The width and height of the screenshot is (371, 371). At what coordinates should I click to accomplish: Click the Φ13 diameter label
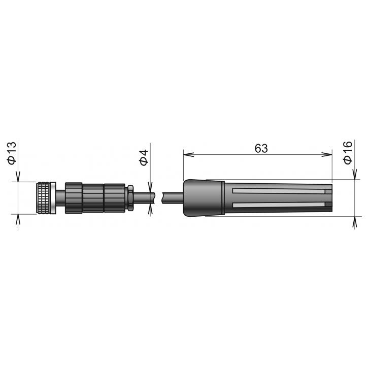(12, 153)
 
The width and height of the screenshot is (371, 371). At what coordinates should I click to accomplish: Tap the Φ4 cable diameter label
(144, 157)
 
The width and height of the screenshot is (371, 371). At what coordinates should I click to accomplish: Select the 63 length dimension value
(261, 148)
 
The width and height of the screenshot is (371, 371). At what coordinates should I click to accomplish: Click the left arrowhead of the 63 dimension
(189, 154)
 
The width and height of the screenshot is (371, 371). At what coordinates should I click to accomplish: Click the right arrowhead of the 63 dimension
(327, 154)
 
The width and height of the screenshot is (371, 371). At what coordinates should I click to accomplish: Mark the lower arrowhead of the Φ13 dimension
(18, 219)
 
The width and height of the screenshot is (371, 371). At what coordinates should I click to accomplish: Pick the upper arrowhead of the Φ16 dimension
(354, 175)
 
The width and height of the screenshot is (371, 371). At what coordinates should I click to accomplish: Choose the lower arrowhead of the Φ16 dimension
(354, 221)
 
